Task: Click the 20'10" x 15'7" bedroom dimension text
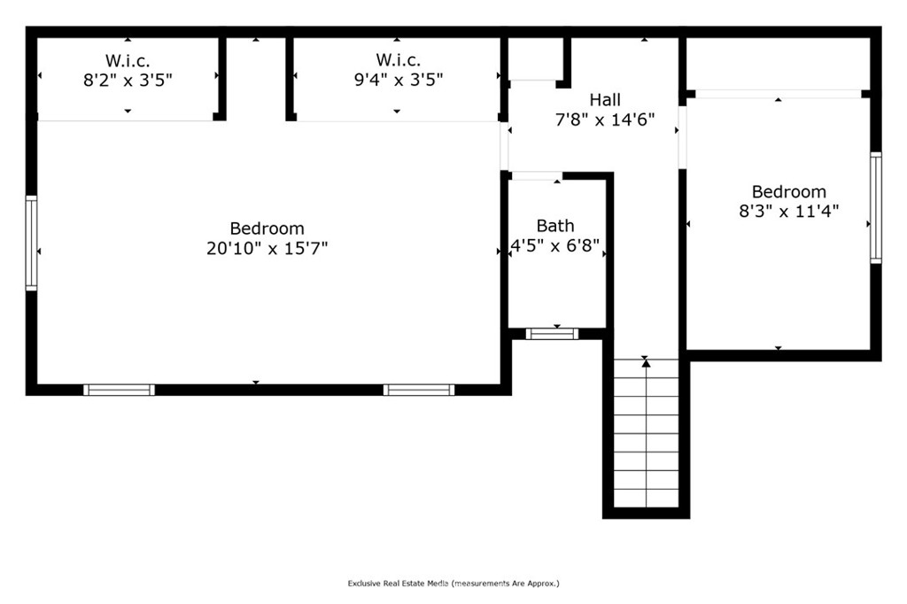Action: (x=267, y=248)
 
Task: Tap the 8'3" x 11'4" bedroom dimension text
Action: (x=789, y=211)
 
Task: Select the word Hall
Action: (x=605, y=99)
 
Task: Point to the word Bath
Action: (x=555, y=226)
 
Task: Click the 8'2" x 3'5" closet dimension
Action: (x=128, y=80)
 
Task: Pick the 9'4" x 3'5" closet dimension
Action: (x=399, y=79)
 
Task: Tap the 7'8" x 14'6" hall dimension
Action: (x=605, y=120)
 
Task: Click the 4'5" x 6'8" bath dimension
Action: (x=555, y=246)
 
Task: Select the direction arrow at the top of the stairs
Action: (x=646, y=363)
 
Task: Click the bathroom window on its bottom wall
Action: (x=552, y=334)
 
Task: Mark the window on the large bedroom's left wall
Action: (x=31, y=243)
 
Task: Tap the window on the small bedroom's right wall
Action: (x=876, y=208)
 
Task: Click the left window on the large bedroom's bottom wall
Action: (x=120, y=390)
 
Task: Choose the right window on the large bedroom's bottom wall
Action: (x=419, y=390)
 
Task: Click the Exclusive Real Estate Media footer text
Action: (x=453, y=583)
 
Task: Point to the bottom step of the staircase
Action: (x=646, y=499)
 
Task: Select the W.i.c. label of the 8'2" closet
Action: (x=128, y=60)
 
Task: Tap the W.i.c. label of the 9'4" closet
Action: (x=399, y=59)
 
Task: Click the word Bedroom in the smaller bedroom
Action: (x=789, y=191)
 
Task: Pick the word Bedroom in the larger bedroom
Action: (x=267, y=228)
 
